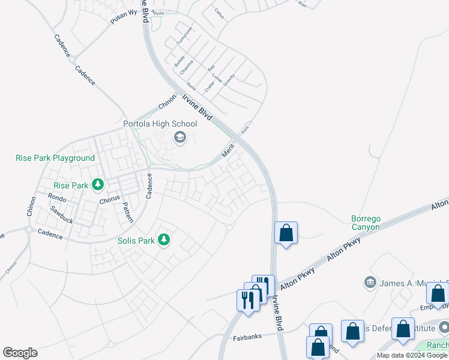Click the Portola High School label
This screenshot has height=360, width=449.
pyautogui.click(x=160, y=124)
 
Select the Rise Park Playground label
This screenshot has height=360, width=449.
pyautogui.click(x=55, y=158)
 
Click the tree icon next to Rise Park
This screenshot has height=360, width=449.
pyautogui.click(x=97, y=185)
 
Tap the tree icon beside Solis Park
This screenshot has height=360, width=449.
pyautogui.click(x=163, y=241)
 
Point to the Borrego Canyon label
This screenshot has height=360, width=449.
pyautogui.click(x=366, y=223)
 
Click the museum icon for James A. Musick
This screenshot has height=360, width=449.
pyautogui.click(x=370, y=282)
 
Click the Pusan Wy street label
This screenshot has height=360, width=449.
pyautogui.click(x=124, y=17)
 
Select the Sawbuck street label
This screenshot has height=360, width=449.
pyautogui.click(x=62, y=215)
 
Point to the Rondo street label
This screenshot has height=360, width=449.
pyautogui.click(x=57, y=197)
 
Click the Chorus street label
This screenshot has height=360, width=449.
pyautogui.click(x=110, y=199)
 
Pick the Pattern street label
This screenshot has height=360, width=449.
pyautogui.click(x=127, y=212)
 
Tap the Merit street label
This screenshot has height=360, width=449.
pyautogui.click(x=228, y=150)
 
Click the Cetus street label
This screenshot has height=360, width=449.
pyautogui.click(x=218, y=13)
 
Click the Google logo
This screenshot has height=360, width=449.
pyautogui.click(x=20, y=353)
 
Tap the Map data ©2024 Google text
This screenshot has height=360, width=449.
pyautogui.click(x=412, y=355)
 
